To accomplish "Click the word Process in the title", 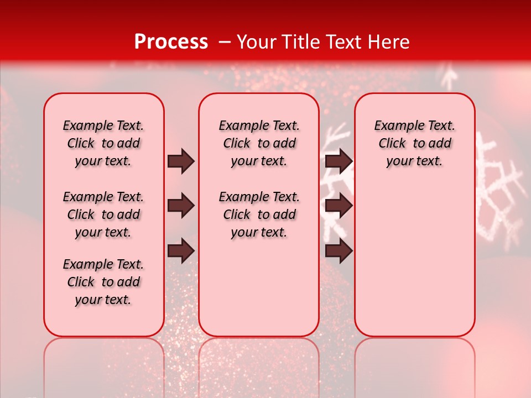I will point(171,42).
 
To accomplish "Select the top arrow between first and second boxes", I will point(181,161).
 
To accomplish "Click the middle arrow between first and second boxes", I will point(181,206).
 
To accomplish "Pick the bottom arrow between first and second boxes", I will point(181,251).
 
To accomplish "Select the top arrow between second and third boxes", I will point(339,161).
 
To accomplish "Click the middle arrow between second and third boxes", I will point(339,206).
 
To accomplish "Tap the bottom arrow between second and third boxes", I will point(339,251).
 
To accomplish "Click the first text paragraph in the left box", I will point(103,143).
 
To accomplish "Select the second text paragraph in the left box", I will point(103,214).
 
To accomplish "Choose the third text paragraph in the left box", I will point(103,282).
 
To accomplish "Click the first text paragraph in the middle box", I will point(259,143).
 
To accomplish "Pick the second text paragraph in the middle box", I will point(259,214).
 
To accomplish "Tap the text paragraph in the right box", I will point(414,143).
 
